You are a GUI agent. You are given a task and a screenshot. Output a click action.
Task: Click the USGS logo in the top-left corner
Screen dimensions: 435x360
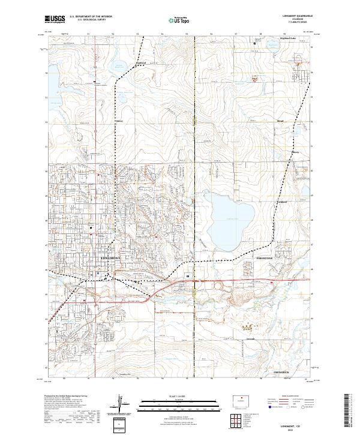[x=56, y=20]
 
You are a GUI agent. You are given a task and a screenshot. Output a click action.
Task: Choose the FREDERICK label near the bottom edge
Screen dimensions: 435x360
[x=281, y=373]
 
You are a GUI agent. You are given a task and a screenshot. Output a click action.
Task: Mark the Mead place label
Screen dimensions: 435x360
[x=280, y=121]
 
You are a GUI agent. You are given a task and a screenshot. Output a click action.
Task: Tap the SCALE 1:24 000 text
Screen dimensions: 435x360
[x=179, y=395]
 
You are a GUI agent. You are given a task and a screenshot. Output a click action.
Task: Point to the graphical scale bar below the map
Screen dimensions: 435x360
[x=179, y=401]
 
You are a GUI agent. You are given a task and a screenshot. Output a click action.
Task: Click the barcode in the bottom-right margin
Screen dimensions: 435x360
[x=351, y=411]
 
